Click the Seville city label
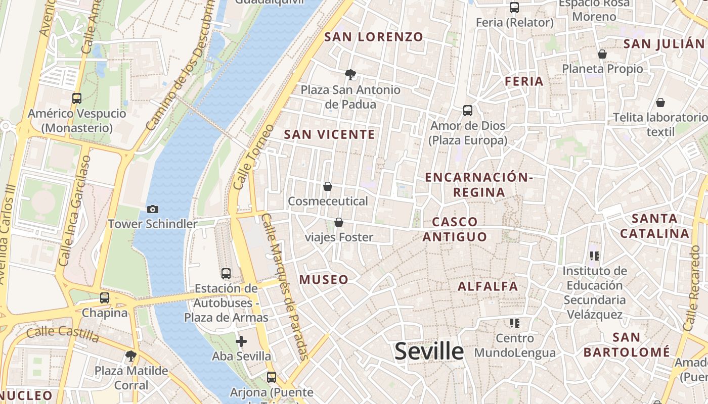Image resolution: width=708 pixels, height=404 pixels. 429,351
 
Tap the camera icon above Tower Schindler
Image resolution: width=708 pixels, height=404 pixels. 153,209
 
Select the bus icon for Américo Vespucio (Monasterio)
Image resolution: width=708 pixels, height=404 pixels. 77,98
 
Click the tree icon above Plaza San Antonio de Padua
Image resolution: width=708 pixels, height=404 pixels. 350,75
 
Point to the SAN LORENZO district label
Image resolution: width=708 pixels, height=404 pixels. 373,37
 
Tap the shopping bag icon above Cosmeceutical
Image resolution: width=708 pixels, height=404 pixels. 328,186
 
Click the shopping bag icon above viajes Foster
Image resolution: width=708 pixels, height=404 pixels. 339,222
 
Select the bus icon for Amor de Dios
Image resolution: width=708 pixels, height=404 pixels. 468,111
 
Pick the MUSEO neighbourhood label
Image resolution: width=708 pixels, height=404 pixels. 324,279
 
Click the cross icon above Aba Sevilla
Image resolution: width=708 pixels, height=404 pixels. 241,341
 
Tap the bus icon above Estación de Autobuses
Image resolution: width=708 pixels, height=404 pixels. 226,274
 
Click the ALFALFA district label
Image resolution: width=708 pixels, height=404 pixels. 488,286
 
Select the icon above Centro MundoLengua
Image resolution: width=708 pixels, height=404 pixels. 515,323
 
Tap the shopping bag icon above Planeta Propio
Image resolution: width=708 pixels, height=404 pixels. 602,54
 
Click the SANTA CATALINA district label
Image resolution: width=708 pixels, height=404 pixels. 655,226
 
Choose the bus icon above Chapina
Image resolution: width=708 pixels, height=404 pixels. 105,298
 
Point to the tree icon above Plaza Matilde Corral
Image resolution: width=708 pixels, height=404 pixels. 131,356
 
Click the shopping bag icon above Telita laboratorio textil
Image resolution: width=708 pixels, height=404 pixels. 660,103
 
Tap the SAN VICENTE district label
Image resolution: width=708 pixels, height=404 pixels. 329,134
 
